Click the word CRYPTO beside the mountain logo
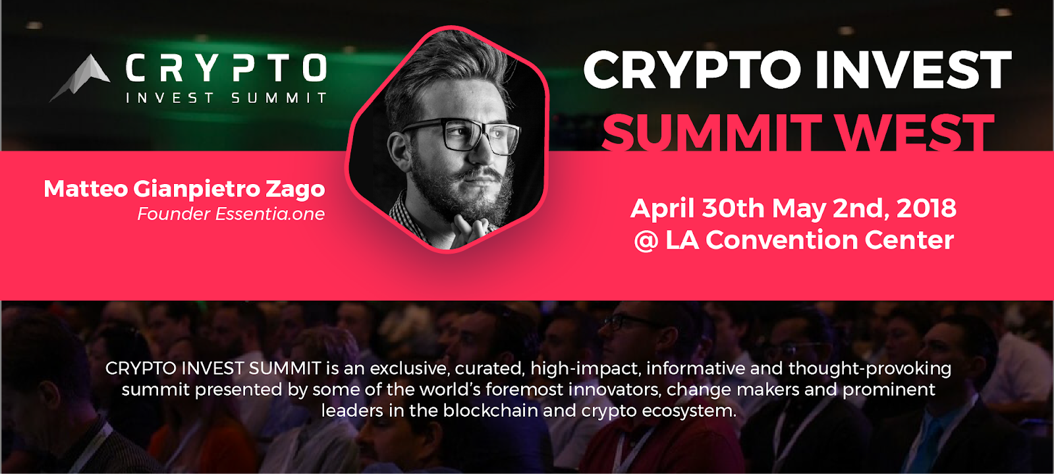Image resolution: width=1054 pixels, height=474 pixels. [227, 69]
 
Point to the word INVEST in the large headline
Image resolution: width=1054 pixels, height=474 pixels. [913, 70]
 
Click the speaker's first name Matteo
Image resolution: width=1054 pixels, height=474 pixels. [86, 189]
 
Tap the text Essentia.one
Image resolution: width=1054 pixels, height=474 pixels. [270, 214]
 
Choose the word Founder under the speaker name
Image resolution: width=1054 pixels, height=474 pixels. [174, 214]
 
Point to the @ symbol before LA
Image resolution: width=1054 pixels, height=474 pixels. [646, 241]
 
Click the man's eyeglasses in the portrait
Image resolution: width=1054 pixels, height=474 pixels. [461, 136]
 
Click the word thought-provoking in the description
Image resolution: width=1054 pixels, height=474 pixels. [870, 369]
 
